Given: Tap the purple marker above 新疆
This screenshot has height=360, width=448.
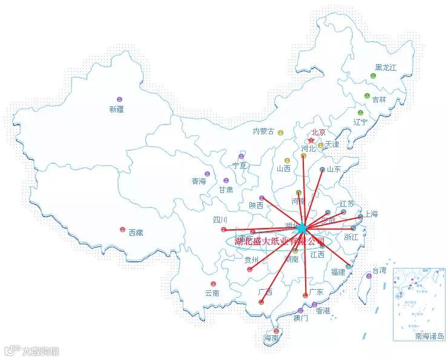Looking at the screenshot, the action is click(x=119, y=99).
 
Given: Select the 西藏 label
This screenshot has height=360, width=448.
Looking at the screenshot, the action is click(x=136, y=232).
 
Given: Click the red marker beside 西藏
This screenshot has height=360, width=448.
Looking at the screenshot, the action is click(x=123, y=230).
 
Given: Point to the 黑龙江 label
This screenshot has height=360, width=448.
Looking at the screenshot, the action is click(x=386, y=68).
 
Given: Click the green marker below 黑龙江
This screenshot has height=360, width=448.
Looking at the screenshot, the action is click(x=374, y=76).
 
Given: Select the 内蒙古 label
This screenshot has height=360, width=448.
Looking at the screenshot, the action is click(x=263, y=131).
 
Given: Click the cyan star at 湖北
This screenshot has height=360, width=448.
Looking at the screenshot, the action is click(x=302, y=227).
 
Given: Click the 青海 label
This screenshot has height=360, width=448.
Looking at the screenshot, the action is click(x=199, y=181).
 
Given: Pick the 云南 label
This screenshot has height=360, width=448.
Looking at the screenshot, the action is click(x=212, y=293).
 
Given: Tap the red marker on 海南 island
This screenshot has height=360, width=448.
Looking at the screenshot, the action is click(x=277, y=331).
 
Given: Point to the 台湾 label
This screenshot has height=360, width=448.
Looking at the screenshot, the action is click(x=379, y=270).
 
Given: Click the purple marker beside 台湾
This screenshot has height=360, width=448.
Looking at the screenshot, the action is click(x=369, y=276).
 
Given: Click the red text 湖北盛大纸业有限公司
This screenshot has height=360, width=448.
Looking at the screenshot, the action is click(x=280, y=241).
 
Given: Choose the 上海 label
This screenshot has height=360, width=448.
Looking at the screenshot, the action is click(x=371, y=214).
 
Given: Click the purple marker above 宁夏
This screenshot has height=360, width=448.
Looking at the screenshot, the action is click(x=241, y=156).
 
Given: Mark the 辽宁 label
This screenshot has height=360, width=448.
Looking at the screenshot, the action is click(x=361, y=121).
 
